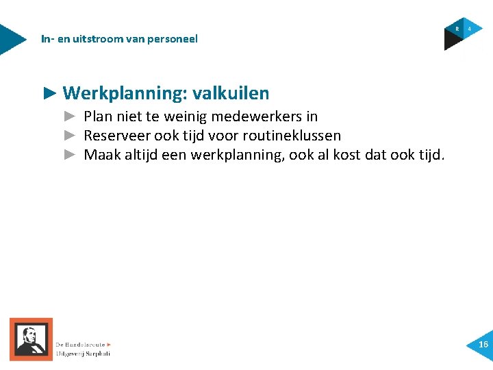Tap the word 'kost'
point(345,155)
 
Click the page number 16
point(483,345)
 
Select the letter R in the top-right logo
point(457,29)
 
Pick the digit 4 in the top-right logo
point(470,29)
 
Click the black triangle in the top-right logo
point(452,42)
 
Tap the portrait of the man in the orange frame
point(31,339)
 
